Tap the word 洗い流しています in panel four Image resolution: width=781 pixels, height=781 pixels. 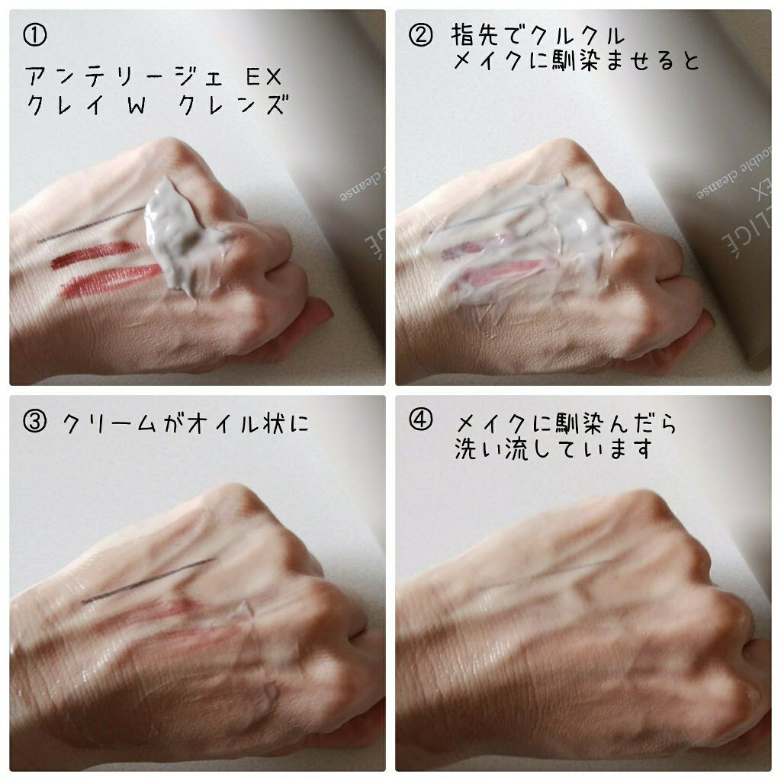click(x=552, y=449)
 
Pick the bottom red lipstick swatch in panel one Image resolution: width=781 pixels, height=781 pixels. click(x=107, y=282)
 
